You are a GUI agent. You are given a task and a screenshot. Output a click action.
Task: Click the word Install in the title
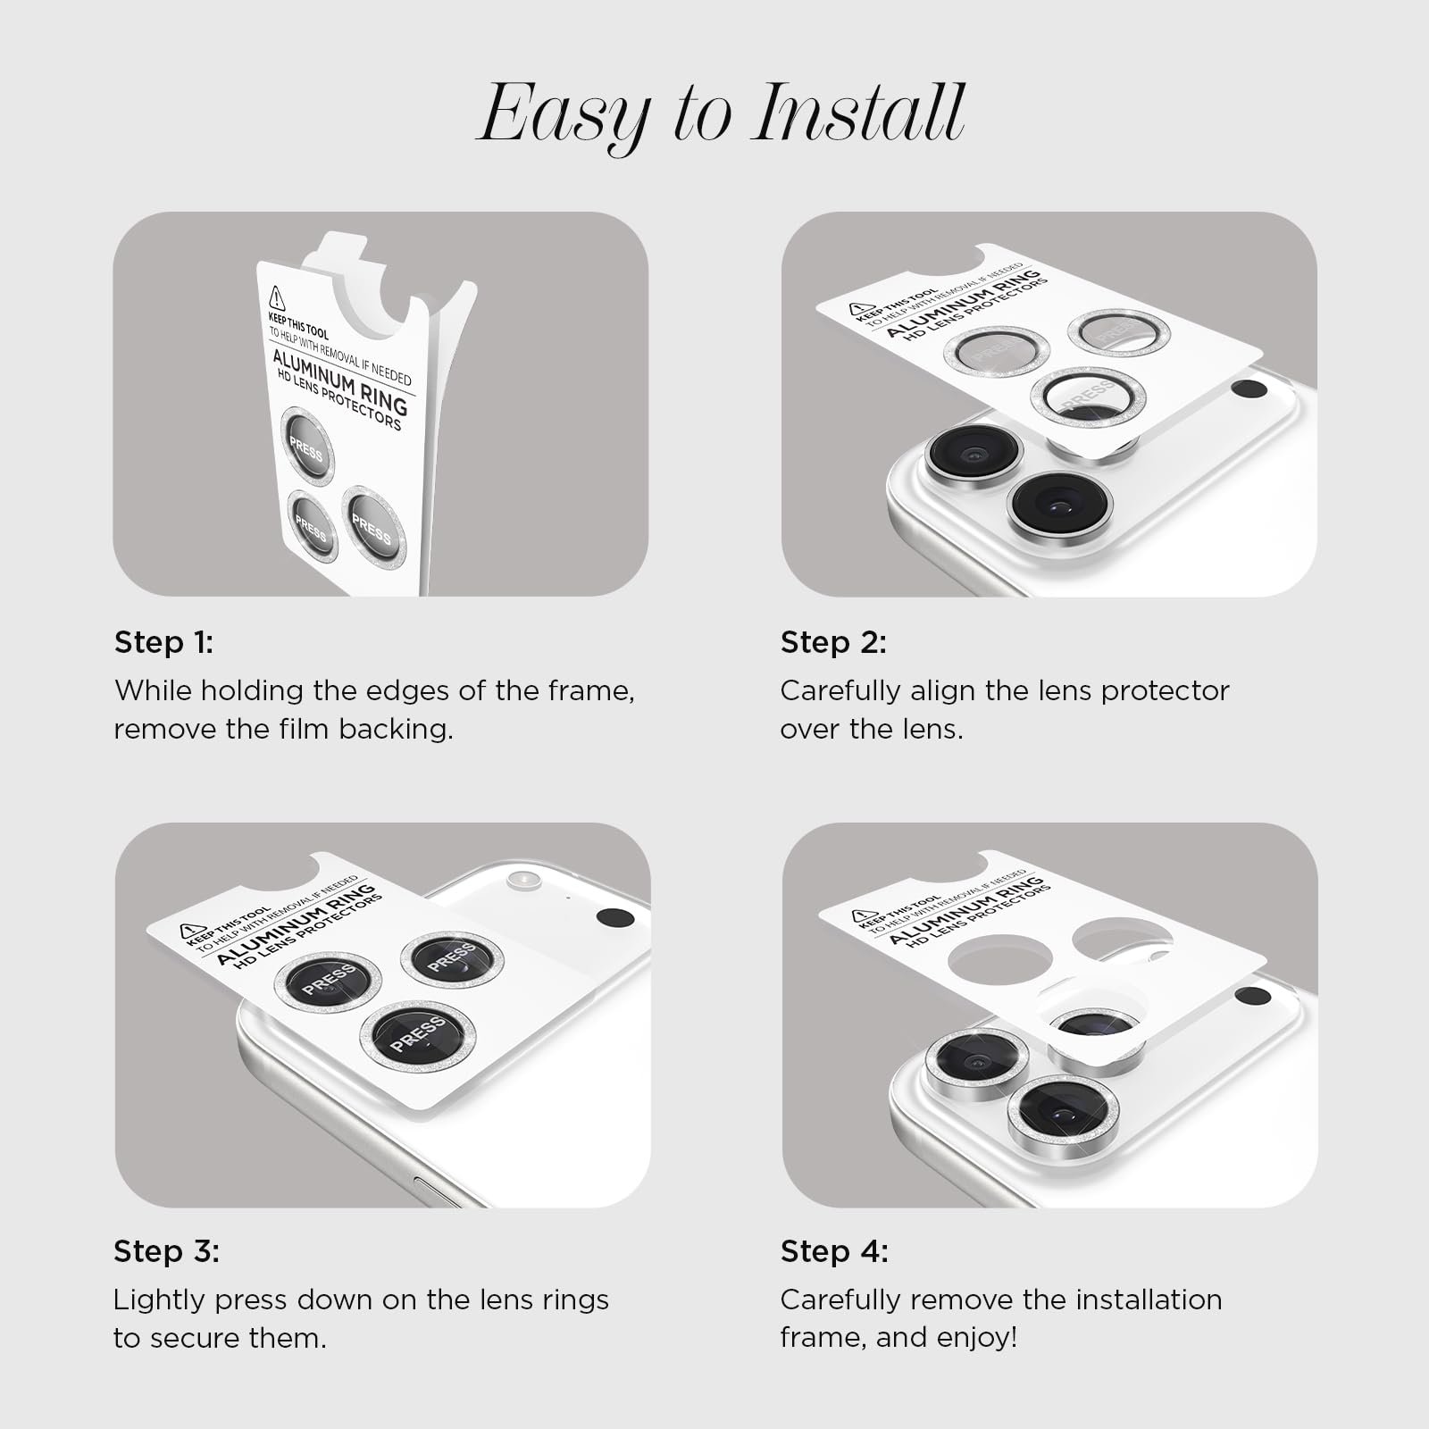tap(858, 113)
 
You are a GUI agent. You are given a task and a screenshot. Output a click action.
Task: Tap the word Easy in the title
tap(564, 119)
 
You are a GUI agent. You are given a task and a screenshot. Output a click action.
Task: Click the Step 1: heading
tap(164, 642)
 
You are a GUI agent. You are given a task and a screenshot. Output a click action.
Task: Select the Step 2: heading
tap(833, 642)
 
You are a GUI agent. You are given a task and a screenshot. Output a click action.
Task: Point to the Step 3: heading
tap(166, 1251)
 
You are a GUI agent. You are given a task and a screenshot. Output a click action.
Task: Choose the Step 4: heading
tap(834, 1251)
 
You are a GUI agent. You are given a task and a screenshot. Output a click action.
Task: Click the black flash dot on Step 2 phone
tap(1249, 389)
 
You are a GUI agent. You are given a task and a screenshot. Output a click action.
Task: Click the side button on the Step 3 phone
tap(439, 1193)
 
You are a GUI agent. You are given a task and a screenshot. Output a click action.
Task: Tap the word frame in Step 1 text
tap(589, 690)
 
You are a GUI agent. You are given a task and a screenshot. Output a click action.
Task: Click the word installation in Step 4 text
tap(1149, 1299)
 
